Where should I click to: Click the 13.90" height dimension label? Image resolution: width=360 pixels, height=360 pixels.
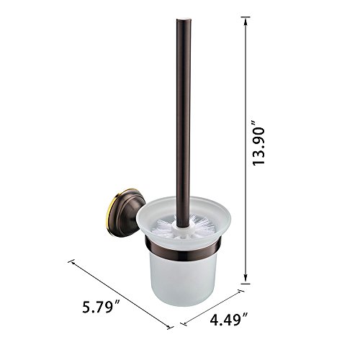[x=259, y=145]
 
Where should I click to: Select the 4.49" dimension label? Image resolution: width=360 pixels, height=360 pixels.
[x=228, y=319]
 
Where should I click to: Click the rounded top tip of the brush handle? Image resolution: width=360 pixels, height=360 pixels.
[x=184, y=19]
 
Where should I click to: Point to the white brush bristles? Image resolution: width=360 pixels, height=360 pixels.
[x=184, y=225]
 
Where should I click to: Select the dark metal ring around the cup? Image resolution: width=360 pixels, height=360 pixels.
[x=184, y=250]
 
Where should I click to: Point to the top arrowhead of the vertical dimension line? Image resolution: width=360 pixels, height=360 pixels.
[x=246, y=22]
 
